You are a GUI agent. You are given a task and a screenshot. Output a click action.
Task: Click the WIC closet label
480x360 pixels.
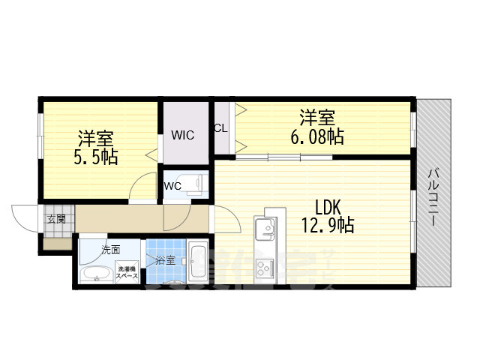pyautogui.click(x=182, y=136)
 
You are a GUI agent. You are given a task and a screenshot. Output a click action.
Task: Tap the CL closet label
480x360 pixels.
pyautogui.click(x=220, y=127)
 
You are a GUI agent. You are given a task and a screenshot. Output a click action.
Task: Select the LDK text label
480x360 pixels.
pyautogui.click(x=328, y=208)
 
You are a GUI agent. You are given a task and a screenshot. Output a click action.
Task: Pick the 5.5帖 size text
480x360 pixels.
pyautogui.click(x=95, y=157)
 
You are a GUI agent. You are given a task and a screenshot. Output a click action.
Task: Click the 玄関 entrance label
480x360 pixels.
pyautogui.click(x=55, y=219)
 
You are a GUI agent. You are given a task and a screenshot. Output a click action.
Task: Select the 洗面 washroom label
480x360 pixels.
pyautogui.click(x=91, y=250)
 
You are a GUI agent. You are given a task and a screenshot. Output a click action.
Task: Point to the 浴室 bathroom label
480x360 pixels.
pyautogui.click(x=164, y=260)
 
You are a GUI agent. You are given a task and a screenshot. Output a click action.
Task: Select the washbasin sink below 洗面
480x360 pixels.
pyautogui.click(x=95, y=274)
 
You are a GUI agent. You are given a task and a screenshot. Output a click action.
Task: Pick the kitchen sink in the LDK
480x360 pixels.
pyautogui.click(x=265, y=229)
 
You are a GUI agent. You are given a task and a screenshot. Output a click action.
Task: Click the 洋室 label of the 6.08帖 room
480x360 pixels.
pyautogui.click(x=318, y=118)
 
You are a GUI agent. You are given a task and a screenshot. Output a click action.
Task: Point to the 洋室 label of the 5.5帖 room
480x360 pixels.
pyautogui.click(x=96, y=139)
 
